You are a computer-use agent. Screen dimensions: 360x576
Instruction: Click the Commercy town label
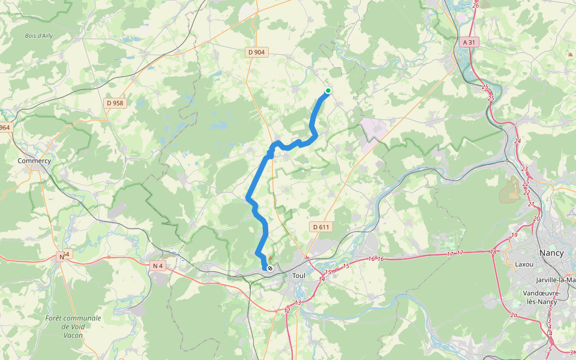pos(34,161)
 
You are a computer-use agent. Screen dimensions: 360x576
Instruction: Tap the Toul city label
pos(299,275)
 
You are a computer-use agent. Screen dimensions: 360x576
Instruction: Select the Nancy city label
pos(551,253)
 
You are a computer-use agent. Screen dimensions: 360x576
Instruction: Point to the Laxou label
pos(524,263)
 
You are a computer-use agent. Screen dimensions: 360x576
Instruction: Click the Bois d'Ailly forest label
pos(39,36)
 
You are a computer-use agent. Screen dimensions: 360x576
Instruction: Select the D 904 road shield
pos(256,52)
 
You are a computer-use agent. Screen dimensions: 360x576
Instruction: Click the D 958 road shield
pos(115,103)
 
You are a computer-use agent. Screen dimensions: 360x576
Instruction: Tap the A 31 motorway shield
pos(472,43)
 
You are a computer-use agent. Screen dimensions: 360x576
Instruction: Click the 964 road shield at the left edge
pos(5,128)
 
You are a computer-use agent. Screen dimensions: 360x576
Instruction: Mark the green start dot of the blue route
pos(328,91)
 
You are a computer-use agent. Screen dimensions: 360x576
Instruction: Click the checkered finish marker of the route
pos(270,268)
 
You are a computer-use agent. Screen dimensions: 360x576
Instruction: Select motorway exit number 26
pos(476,5)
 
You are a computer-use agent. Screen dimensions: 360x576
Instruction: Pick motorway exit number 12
pos(287,310)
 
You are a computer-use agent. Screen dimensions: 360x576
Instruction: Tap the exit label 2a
pos(514,315)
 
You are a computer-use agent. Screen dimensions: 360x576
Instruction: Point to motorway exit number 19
pos(514,235)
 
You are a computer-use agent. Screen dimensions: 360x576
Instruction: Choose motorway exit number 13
pos(298,302)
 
